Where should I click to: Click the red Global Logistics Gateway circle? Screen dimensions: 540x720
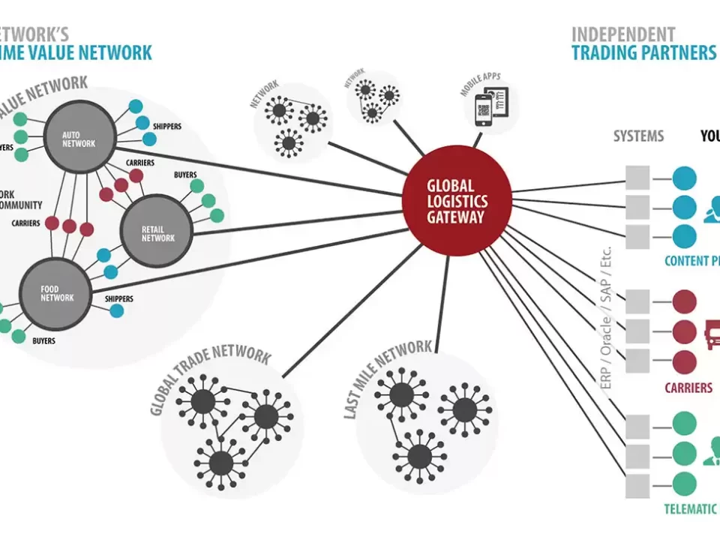tap(457, 201)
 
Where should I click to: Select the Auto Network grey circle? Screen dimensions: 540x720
tap(79, 139)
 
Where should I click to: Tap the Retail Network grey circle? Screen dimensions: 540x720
tap(157, 232)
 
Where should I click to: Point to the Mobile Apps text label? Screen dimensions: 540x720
tap(481, 85)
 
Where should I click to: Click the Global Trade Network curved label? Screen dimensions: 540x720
tap(209, 378)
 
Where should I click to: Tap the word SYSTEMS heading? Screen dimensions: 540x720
tap(638, 136)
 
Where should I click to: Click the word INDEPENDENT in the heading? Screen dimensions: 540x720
tap(623, 34)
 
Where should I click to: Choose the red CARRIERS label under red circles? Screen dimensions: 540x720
tap(688, 388)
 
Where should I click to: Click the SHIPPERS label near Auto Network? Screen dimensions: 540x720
tap(166, 127)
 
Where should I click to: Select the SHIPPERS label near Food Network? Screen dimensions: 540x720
tap(119, 299)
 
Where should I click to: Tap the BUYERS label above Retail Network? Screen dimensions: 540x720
tap(185, 175)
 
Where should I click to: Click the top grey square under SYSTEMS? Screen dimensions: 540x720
tap(638, 178)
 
